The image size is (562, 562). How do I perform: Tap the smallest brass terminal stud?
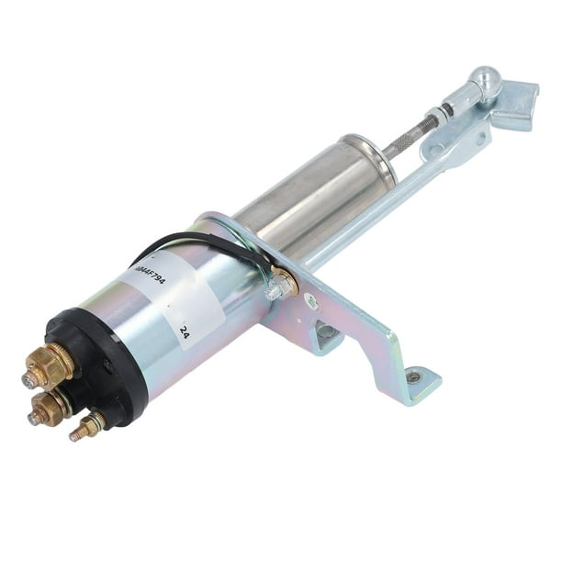click(85, 428)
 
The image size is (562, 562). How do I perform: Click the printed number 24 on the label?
click(185, 332)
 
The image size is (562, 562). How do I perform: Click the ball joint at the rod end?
click(483, 84)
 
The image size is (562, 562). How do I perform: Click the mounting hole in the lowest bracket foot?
click(414, 377)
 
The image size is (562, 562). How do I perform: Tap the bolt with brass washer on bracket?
click(279, 286)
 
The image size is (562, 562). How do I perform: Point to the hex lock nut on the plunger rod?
click(444, 112)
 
